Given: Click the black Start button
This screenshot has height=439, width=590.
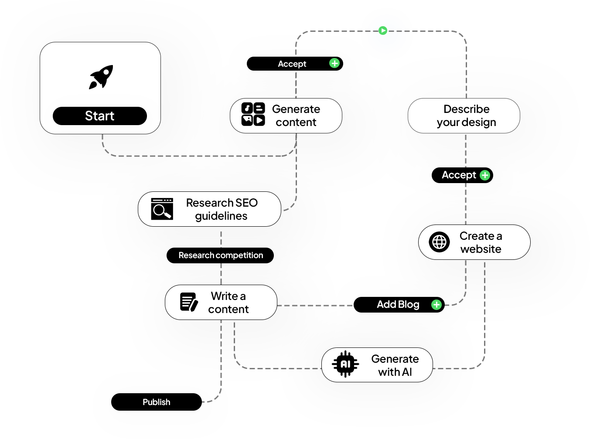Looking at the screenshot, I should [x=100, y=116].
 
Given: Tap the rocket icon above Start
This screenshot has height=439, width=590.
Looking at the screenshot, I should [x=101, y=77].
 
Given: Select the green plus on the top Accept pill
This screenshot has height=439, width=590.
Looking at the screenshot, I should [x=334, y=63].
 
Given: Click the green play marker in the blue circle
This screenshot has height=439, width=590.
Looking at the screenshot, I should [x=383, y=31].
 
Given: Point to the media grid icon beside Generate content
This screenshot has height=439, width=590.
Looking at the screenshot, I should [x=253, y=114].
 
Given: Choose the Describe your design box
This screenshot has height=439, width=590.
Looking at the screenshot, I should [x=464, y=116].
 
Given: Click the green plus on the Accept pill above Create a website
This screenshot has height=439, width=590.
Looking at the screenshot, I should [x=484, y=175].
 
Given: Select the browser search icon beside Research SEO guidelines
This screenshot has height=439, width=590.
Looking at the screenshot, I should [x=162, y=209].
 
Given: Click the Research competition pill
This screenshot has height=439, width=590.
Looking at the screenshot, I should [x=220, y=255].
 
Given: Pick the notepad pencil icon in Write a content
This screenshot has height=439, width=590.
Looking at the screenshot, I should [x=189, y=302].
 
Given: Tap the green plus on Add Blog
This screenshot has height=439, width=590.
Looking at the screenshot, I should [x=436, y=305].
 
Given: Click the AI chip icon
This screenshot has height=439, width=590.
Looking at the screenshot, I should [x=345, y=364].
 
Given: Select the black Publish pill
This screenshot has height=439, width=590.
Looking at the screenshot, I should [x=157, y=402].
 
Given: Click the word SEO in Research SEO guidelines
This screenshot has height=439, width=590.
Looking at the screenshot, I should [x=246, y=203].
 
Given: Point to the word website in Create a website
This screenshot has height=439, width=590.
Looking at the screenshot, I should [x=481, y=249].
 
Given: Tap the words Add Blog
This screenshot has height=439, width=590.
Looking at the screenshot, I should [x=398, y=304].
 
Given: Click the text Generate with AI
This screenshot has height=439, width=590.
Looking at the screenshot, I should [x=395, y=365].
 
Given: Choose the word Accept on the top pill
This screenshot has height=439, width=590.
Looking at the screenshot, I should [x=292, y=64].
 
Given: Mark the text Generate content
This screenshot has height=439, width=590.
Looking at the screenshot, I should [x=296, y=116].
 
